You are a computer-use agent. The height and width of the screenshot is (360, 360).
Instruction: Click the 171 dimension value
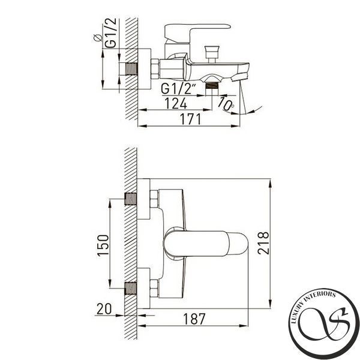190,119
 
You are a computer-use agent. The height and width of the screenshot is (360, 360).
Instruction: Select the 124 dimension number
176,103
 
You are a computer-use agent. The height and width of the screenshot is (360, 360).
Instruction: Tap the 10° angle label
226,104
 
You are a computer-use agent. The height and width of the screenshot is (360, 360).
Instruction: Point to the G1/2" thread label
179,89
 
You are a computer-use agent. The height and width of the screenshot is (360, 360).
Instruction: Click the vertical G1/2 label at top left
111,33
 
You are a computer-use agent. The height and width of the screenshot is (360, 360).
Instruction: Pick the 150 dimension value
103,245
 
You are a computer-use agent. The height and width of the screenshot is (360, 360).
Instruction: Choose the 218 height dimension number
263,243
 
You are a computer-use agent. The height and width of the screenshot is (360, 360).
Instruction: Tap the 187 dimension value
194,319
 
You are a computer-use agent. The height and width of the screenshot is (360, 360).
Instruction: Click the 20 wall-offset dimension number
104,309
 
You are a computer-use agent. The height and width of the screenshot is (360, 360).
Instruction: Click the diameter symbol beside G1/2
98,38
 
